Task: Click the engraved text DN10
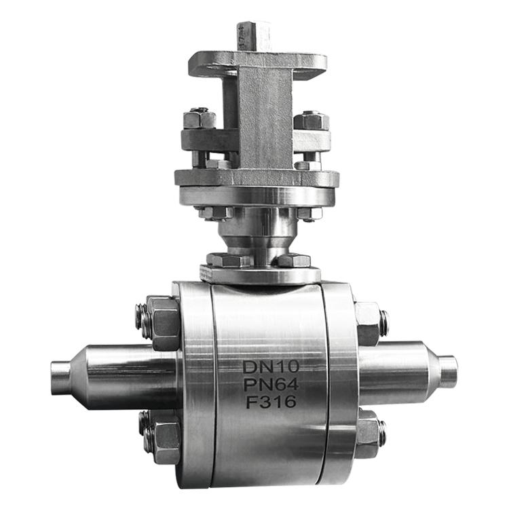click(271, 366)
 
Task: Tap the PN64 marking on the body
click(271, 385)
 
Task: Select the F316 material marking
click(271, 402)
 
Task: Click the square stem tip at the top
click(254, 36)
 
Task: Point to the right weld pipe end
click(448, 372)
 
